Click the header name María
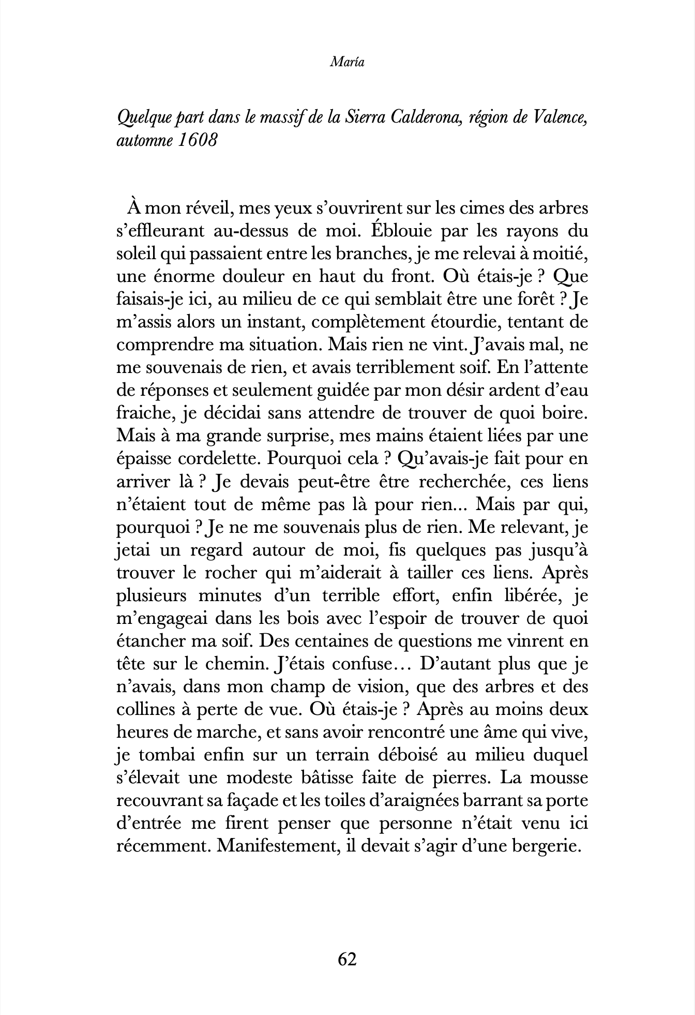click(347, 63)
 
